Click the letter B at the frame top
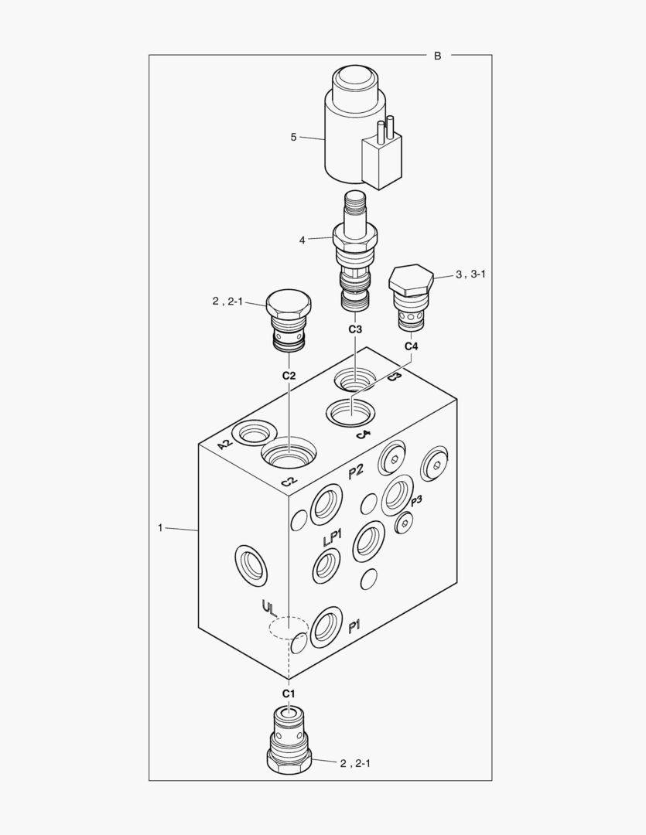(438, 56)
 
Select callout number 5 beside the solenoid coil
(293, 138)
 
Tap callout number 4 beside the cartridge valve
(302, 240)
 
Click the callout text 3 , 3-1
(470, 274)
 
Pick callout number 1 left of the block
(160, 528)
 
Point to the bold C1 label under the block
(289, 694)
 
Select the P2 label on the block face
(356, 471)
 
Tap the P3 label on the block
(416, 500)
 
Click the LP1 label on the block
(332, 538)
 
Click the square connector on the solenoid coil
(381, 161)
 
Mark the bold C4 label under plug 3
(411, 346)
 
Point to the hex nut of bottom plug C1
(289, 762)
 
